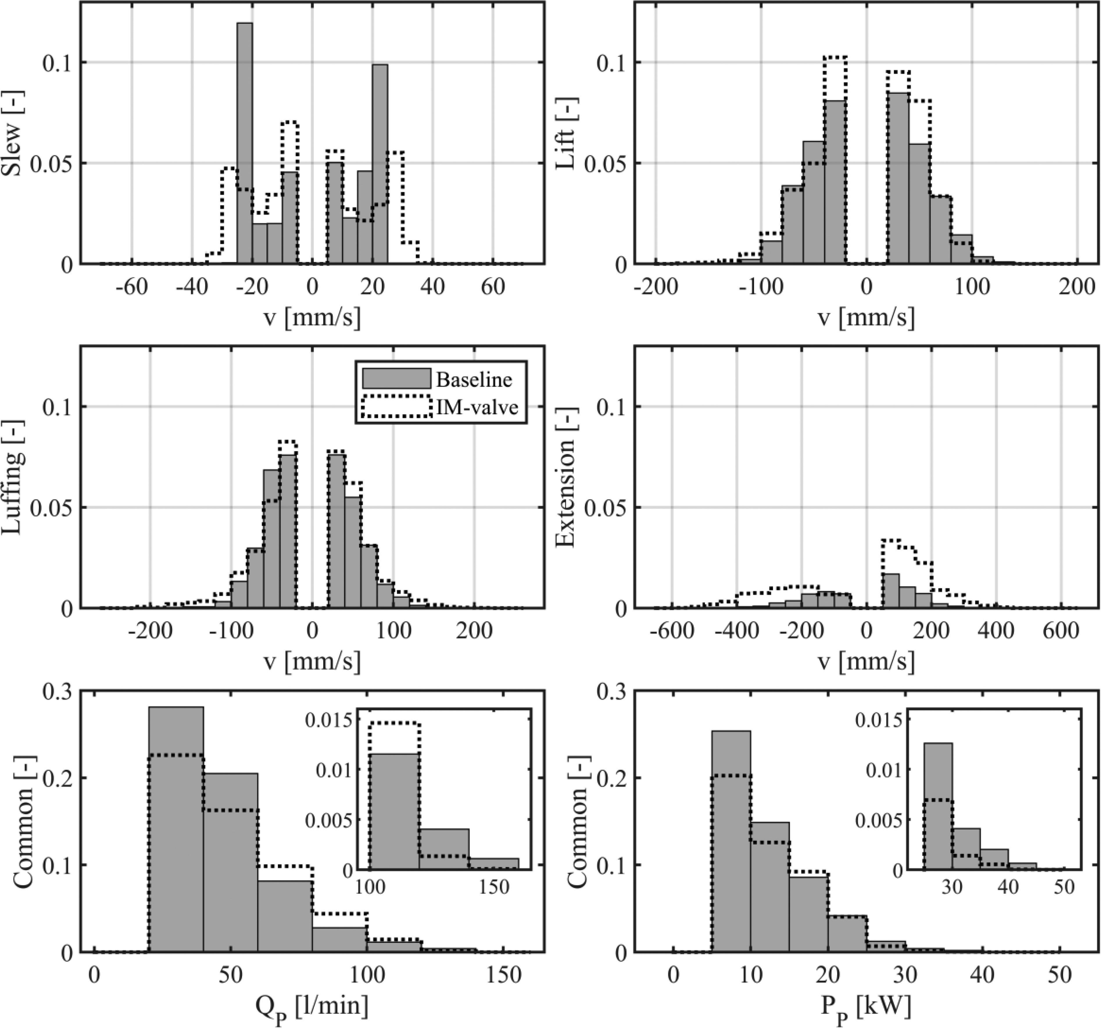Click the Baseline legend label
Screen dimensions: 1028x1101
point(474,380)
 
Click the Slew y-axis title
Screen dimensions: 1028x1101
point(12,149)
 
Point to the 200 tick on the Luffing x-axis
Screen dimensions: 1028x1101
point(475,631)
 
